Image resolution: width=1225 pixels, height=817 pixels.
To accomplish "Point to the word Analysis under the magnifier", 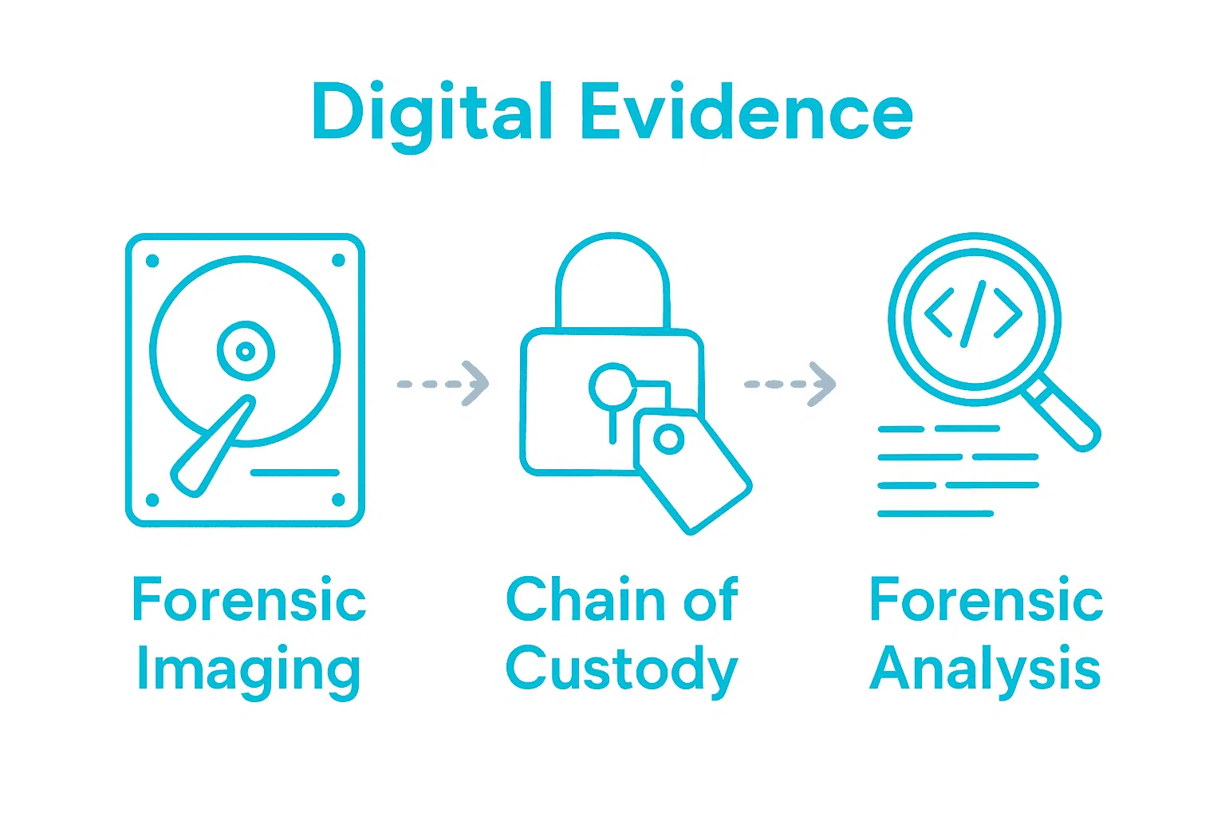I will coord(986,669).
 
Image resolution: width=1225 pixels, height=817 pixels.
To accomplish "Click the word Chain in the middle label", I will coord(586,600).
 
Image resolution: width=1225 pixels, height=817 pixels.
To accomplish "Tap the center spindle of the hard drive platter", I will coord(246,351).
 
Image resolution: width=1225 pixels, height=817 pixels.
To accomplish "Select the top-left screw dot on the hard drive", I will coord(153,261).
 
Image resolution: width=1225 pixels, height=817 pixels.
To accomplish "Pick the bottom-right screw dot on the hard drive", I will coord(338,500).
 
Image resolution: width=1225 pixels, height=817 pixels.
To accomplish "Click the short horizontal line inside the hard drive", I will coord(295,473).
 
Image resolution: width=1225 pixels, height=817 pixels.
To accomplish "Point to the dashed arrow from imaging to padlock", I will coord(443,384).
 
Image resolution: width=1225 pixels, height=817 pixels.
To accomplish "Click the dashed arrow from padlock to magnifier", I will coord(790,384).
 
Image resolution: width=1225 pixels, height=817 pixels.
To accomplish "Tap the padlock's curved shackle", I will coord(612,271).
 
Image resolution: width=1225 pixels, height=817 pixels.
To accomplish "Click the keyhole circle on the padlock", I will coord(612,387).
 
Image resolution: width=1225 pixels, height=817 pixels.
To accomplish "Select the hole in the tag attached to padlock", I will coord(668,438).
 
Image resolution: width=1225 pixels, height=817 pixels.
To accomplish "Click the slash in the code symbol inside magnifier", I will coord(974,314).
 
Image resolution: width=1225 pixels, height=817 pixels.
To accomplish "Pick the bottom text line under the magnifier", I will coord(935,513).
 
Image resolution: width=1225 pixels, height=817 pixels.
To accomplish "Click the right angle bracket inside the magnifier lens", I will coord(1008,314).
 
